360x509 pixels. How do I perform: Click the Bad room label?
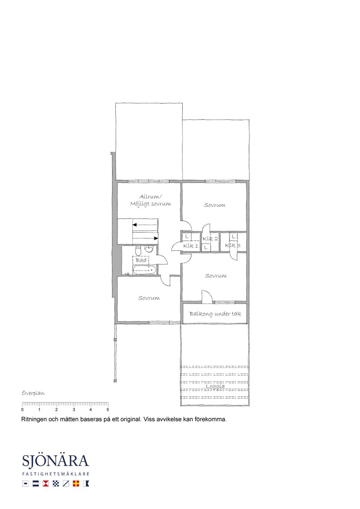141,260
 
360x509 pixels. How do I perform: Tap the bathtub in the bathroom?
144,270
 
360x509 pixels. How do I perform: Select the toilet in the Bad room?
138,250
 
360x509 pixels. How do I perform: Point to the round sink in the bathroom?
149,249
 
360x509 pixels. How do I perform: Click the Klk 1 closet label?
190,246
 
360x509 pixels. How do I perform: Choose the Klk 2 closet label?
210,239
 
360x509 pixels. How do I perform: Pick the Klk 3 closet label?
233,245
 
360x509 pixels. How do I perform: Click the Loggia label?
215,386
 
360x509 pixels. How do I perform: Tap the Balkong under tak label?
215,314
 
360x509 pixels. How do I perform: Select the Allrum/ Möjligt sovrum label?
150,200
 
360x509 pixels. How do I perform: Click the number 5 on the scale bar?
108,410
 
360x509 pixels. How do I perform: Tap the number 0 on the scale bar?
22,410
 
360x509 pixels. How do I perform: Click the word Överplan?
33,393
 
